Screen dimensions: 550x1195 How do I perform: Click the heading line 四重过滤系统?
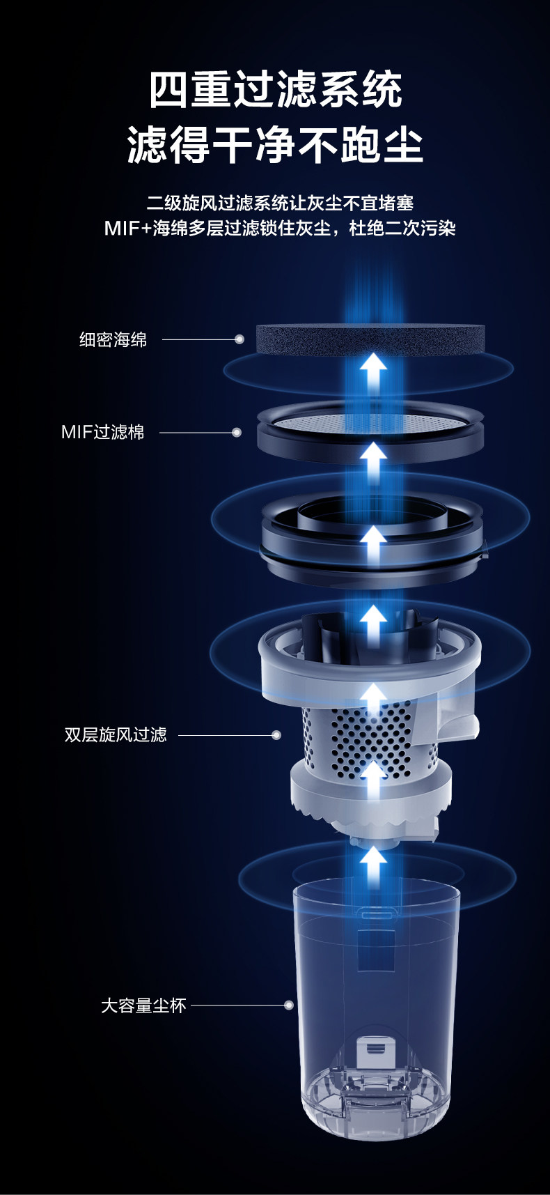point(276,90)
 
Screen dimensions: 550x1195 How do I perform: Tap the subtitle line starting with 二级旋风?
point(280,203)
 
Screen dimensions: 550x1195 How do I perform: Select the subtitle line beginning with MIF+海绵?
point(280,228)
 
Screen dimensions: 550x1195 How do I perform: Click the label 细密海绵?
point(113,340)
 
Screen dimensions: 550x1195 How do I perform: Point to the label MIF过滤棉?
point(102,433)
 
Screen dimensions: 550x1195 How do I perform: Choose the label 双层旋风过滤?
point(116,735)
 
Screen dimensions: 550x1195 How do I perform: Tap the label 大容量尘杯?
point(143,1005)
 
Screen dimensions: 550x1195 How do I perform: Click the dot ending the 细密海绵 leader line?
point(239,339)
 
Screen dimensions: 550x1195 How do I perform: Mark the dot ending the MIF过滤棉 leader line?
point(237,433)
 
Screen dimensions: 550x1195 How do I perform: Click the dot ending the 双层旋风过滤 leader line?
point(276,735)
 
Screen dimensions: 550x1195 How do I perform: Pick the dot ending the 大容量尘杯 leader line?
point(289,1005)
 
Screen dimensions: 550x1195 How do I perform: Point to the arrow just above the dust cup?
point(373,864)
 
